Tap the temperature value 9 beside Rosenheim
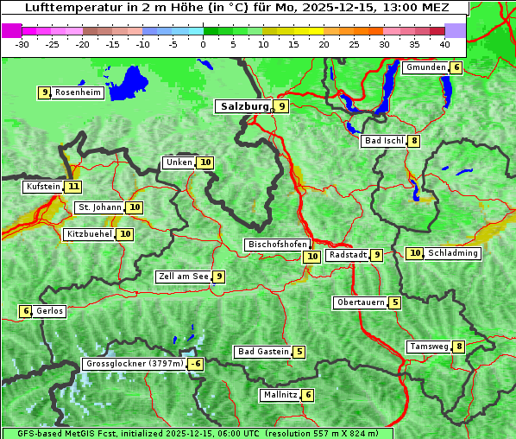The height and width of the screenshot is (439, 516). point(44,92)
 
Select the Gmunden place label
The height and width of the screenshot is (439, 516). point(425,67)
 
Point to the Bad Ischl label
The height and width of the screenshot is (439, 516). point(384,141)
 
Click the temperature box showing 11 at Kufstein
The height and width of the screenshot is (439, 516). point(73,187)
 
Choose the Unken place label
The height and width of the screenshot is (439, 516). point(179,162)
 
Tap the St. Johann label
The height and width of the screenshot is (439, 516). point(99,207)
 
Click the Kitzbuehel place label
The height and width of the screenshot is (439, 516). point(89,234)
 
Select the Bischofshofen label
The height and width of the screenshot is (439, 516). point(277,245)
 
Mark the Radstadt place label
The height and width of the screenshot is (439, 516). point(348,255)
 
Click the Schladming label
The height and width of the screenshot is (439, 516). point(453,253)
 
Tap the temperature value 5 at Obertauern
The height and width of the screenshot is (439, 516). point(394,302)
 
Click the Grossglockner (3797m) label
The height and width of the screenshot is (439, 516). point(135,364)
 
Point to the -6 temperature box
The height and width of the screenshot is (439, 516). point(196,364)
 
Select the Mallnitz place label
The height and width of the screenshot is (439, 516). point(280,395)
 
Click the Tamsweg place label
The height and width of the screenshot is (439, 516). point(429,347)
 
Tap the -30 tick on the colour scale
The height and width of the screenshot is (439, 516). point(22,43)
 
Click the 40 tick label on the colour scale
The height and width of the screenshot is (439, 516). point(444,43)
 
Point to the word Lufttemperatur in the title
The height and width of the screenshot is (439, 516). point(70,8)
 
